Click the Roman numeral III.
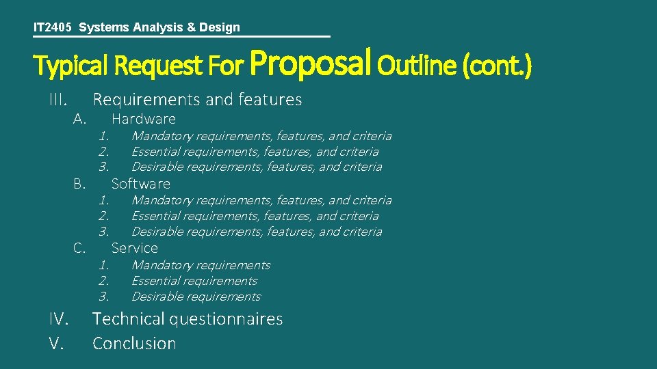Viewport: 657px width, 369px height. pos(57,100)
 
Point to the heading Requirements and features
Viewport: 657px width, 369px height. pos(197,100)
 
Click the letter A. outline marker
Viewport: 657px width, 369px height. pos(79,119)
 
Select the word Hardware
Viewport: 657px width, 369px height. pos(143,119)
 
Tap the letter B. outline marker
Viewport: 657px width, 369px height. pos(79,183)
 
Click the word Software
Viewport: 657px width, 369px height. pos(140,183)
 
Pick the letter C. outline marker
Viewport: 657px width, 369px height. pos(79,248)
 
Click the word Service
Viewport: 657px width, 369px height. pos(134,248)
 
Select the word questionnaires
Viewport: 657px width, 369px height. pos(227,319)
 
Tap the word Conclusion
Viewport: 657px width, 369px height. pos(134,343)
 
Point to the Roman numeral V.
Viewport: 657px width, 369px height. pos(56,343)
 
